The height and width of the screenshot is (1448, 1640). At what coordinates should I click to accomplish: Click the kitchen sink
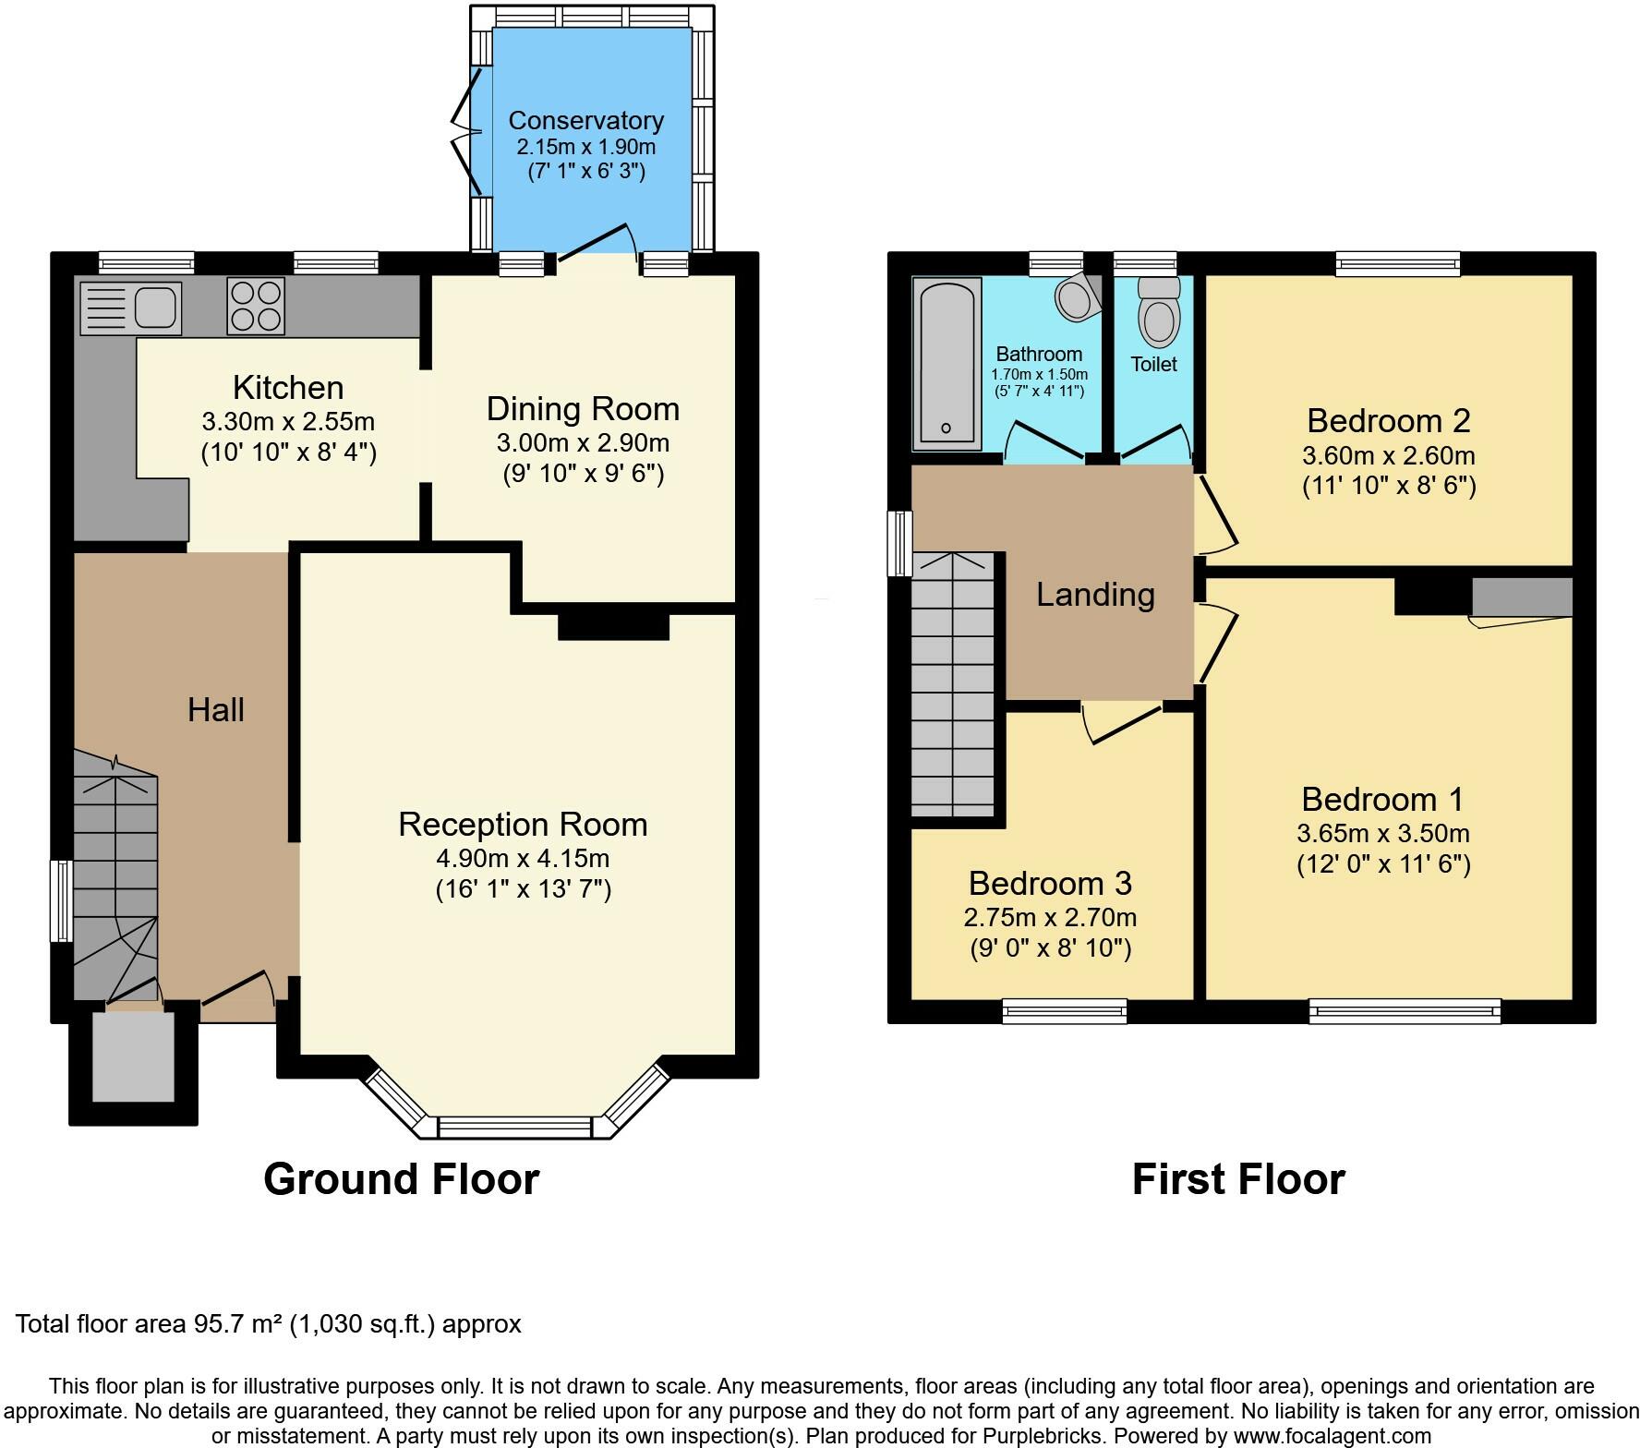130,308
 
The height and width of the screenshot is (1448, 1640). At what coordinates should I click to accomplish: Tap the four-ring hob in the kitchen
256,307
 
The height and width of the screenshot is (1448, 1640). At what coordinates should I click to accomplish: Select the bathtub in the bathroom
947,366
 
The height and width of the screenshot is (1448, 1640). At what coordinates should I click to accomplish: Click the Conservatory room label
586,121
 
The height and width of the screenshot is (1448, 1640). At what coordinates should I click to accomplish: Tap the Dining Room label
583,409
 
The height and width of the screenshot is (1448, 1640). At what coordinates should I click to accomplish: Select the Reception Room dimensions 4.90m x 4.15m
523,859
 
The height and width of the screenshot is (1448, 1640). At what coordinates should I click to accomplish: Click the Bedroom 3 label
1050,884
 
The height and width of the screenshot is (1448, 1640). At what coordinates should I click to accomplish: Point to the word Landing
1095,595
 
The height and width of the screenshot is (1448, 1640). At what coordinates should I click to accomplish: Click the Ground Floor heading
401,1179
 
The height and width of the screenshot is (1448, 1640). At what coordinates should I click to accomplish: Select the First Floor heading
1238,1179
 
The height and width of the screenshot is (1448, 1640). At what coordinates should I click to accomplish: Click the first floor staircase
953,684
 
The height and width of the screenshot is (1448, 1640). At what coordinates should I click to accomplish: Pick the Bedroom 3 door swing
1122,721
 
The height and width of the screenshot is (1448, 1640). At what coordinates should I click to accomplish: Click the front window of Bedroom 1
1405,1012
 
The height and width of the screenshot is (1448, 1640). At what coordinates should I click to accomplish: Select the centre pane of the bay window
514,1128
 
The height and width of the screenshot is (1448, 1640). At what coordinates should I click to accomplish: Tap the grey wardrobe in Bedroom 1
1522,597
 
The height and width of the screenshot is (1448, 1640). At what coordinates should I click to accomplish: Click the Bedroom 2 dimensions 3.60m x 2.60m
1388,456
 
